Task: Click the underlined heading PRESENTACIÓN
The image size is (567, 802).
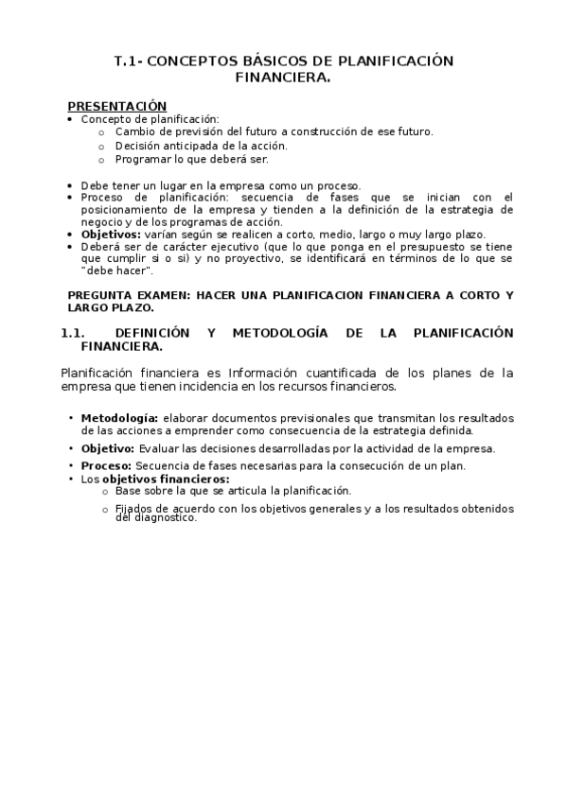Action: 116,106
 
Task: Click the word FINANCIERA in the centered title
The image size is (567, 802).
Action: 283,79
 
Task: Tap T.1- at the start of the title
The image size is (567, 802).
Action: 128,61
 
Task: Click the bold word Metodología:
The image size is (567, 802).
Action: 119,418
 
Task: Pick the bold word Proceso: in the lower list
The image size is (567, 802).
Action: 107,466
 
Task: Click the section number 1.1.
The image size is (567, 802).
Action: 74,333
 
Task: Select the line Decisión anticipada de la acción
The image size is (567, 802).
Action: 201,146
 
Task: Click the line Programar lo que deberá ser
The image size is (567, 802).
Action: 191,160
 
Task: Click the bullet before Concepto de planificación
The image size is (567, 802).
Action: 72,120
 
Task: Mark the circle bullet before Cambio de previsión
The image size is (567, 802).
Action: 102,132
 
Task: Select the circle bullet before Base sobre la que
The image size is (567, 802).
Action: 104,491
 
